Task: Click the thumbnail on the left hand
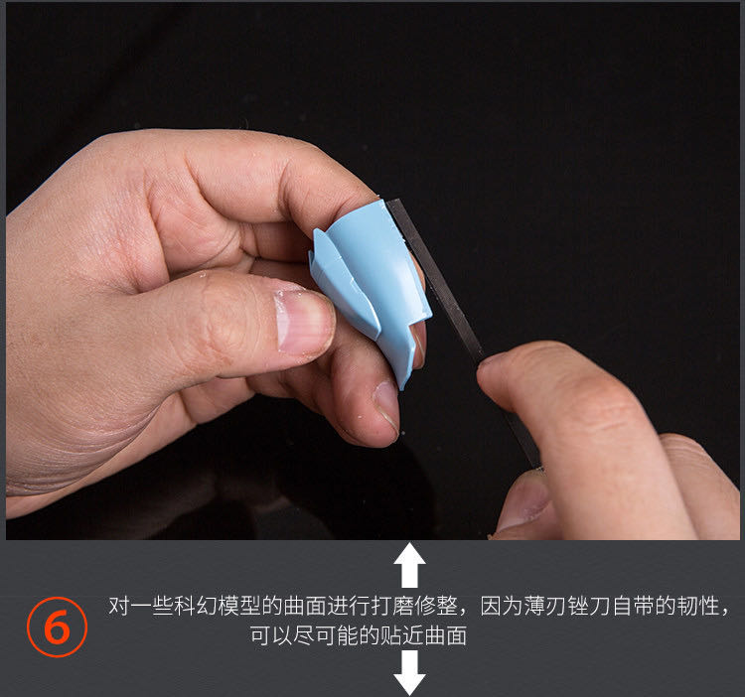pos(304,322)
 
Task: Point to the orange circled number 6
pos(57,627)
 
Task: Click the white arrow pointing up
pos(409,565)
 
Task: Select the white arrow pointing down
pos(409,673)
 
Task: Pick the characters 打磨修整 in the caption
pos(415,606)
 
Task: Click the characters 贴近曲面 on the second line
pos(423,635)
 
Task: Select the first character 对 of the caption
pos(120,606)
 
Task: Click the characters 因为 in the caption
pos(502,606)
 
